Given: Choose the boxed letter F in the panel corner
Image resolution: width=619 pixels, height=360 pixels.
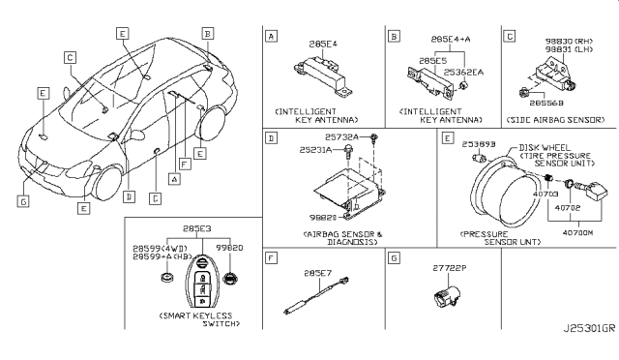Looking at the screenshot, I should pos(272,257).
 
